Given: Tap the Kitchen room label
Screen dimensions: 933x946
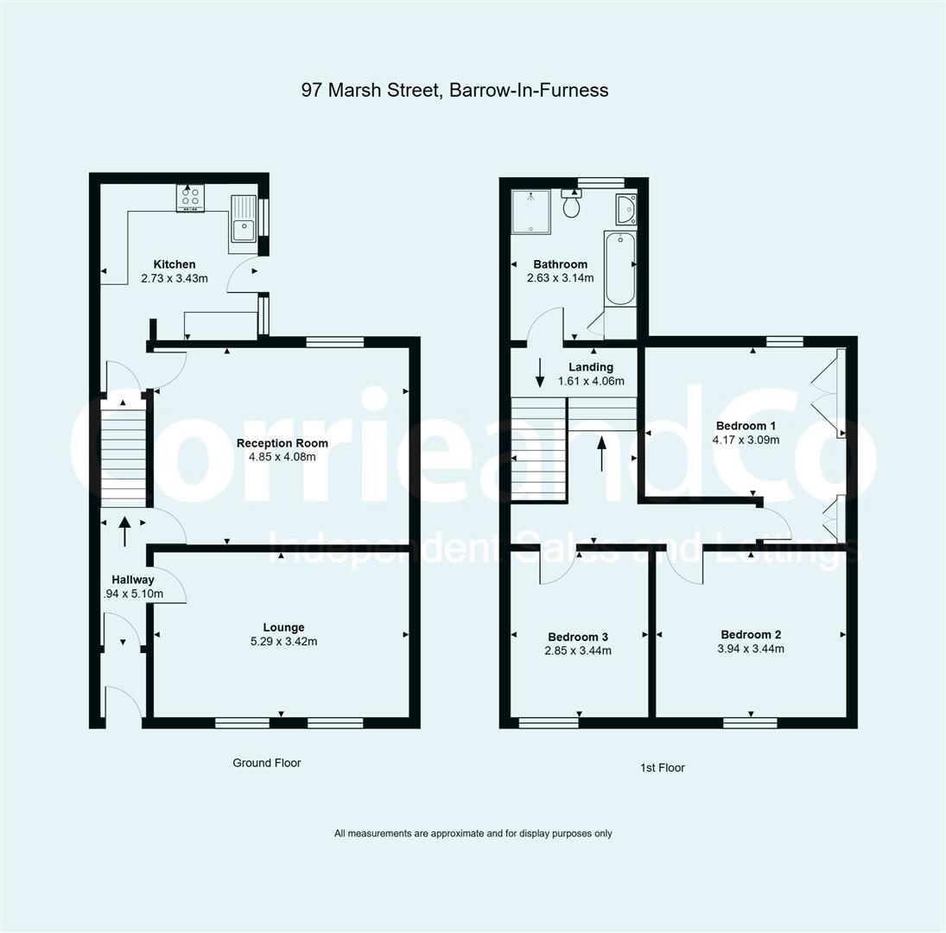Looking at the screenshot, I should point(175,264).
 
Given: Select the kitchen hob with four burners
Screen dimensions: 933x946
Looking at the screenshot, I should point(190,199).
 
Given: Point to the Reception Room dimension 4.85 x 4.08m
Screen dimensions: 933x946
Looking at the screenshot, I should point(283,457).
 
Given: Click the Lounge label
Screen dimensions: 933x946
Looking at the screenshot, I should point(283,627).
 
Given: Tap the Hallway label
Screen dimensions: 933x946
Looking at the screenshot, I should point(133,580).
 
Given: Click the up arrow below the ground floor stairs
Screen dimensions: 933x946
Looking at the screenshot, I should point(124,531).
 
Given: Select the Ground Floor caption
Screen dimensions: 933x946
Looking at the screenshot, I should point(267,763).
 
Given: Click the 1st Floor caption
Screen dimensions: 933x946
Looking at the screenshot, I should point(663,767).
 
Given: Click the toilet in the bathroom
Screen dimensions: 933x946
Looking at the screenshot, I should point(571,204).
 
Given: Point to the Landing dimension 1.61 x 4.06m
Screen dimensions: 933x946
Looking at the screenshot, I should point(591,381).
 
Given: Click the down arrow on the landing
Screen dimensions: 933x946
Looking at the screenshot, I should point(540,372).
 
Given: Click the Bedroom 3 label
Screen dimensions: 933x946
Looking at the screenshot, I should point(578,637).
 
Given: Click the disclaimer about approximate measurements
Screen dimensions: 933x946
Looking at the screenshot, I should point(473,834).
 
